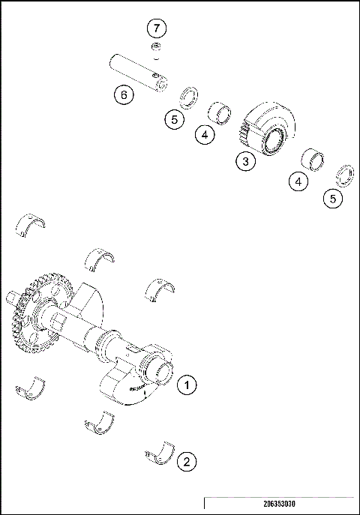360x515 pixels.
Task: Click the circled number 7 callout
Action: [x=156, y=29]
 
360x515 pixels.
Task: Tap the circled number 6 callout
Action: [x=124, y=94]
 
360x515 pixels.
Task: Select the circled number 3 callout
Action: [x=244, y=160]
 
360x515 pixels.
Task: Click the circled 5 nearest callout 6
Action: [x=174, y=118]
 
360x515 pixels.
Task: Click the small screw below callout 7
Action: [x=156, y=49]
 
